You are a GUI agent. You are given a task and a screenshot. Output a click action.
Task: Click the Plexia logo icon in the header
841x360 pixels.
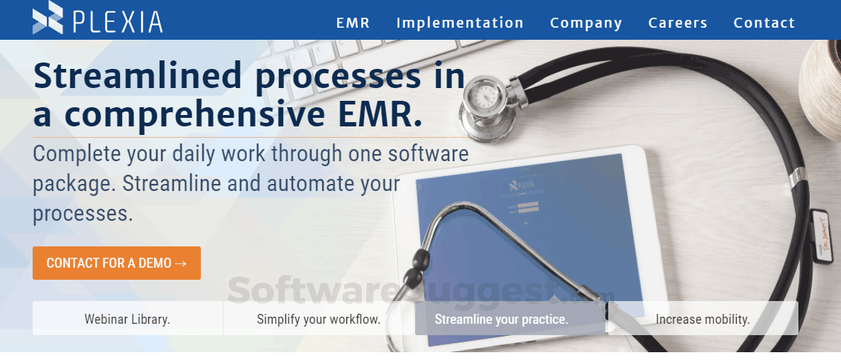click(48, 18)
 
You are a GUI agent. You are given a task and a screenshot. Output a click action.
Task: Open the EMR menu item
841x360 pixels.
click(353, 23)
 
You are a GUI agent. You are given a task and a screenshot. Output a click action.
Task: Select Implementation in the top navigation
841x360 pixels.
click(460, 23)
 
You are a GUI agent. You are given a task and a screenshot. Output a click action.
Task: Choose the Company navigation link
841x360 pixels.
click(586, 23)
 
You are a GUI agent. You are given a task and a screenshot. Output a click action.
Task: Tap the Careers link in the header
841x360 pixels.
click(678, 23)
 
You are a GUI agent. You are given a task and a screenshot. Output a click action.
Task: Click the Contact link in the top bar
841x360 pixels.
click(764, 23)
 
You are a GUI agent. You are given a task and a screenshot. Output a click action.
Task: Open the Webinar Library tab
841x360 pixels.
click(127, 319)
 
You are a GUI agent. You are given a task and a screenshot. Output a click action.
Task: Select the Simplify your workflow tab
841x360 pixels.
click(319, 319)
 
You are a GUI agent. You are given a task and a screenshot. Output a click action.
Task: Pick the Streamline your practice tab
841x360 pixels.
click(501, 319)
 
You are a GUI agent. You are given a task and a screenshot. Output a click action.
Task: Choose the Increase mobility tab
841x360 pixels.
click(703, 319)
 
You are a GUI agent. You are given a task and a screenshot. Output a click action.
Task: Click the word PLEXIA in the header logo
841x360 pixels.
click(118, 21)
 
